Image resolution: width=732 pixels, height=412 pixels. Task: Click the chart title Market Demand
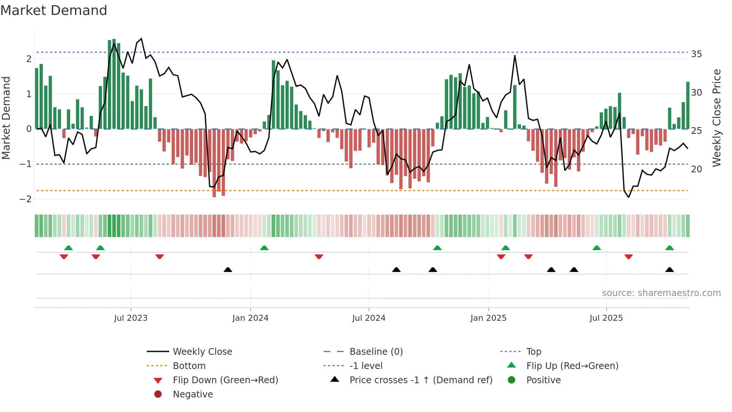click(54, 10)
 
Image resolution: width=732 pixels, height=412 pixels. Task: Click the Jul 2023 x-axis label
click(131, 318)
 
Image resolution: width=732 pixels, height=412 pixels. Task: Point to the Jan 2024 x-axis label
click(250, 318)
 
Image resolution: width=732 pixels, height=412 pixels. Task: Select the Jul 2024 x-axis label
click(369, 318)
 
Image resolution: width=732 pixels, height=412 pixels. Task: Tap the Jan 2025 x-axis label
click(488, 318)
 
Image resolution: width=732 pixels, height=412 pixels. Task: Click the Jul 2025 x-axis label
click(606, 318)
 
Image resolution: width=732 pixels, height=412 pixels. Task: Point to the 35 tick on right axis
click(697, 54)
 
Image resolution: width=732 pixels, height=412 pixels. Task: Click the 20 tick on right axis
click(697, 169)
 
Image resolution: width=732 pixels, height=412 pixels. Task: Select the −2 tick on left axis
click(25, 199)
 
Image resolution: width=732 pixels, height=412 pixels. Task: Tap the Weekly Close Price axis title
click(716, 118)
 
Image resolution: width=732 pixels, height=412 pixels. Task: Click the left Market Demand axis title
click(6, 118)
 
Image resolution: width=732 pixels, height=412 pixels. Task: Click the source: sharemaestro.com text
click(661, 293)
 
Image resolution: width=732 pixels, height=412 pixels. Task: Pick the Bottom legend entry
click(189, 366)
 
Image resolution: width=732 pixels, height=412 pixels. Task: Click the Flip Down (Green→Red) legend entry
click(225, 380)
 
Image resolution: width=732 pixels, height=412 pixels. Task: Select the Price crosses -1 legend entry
click(421, 380)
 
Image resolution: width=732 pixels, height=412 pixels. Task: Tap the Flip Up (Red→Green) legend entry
click(572, 366)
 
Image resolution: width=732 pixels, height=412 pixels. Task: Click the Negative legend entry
click(193, 394)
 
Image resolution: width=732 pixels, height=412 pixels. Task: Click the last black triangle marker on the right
click(670, 270)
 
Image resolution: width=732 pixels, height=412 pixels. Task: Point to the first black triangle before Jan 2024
click(228, 270)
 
